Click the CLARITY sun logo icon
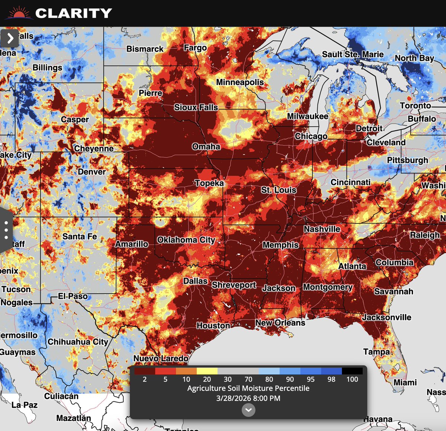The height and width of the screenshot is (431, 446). coord(19,14)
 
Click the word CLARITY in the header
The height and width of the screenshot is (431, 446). coord(74,13)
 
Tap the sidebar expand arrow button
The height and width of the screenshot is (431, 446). coord(10,38)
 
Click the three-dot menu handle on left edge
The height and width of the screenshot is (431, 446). coord(6,230)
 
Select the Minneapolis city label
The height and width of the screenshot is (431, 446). coord(240,82)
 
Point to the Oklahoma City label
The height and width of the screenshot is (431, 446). coord(186,240)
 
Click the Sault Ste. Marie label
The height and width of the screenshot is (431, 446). coord(352,54)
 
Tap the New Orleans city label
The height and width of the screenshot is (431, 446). coord(280,323)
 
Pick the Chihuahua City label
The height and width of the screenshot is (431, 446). coord(78,342)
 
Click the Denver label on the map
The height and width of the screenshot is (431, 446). coord(92,172)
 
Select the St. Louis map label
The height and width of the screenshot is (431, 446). coord(278,190)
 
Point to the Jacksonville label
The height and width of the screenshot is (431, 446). coord(387,317)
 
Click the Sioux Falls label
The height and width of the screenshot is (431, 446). coord(196,107)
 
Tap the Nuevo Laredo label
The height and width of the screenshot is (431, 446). coord(161,358)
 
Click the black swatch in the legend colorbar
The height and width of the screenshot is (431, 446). coord(352,371)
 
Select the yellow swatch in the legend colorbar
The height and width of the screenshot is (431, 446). coord(207,371)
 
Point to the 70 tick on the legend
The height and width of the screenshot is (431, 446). coord(248,379)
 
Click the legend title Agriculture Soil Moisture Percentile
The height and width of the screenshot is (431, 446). coord(248,388)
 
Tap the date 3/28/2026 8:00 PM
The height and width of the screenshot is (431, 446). coord(248,398)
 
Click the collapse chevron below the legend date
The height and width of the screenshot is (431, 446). coord(248,410)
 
